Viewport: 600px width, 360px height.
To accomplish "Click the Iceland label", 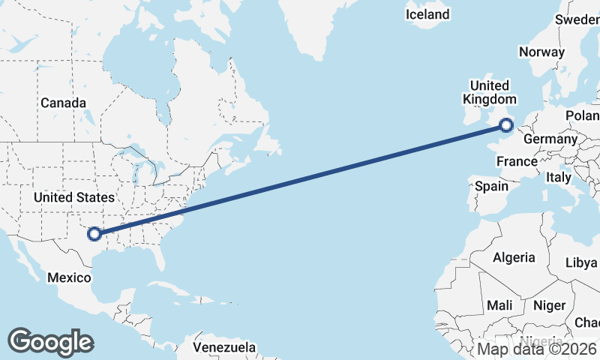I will [x=427, y=14].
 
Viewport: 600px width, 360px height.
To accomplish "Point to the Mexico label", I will [x=69, y=277].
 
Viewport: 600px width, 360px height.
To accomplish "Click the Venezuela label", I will [x=224, y=348].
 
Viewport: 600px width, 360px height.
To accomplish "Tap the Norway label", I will [x=541, y=52].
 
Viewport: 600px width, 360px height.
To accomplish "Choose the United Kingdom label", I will [x=490, y=92].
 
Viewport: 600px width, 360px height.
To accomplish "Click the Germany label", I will [x=550, y=139].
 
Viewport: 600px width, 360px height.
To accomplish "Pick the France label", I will [x=517, y=161].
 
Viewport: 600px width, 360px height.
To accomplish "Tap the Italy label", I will [x=559, y=178].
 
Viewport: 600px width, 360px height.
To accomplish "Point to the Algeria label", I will [x=514, y=257].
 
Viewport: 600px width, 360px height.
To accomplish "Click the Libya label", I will [x=581, y=263].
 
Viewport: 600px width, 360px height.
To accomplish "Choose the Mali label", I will [x=499, y=305].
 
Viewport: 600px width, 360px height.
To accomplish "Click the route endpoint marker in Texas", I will [x=94, y=234].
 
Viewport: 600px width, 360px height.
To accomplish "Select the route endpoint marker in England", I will [x=507, y=124].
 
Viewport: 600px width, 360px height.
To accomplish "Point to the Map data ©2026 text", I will [x=537, y=349].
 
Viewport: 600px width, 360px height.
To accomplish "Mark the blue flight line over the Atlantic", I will [x=300, y=179].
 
